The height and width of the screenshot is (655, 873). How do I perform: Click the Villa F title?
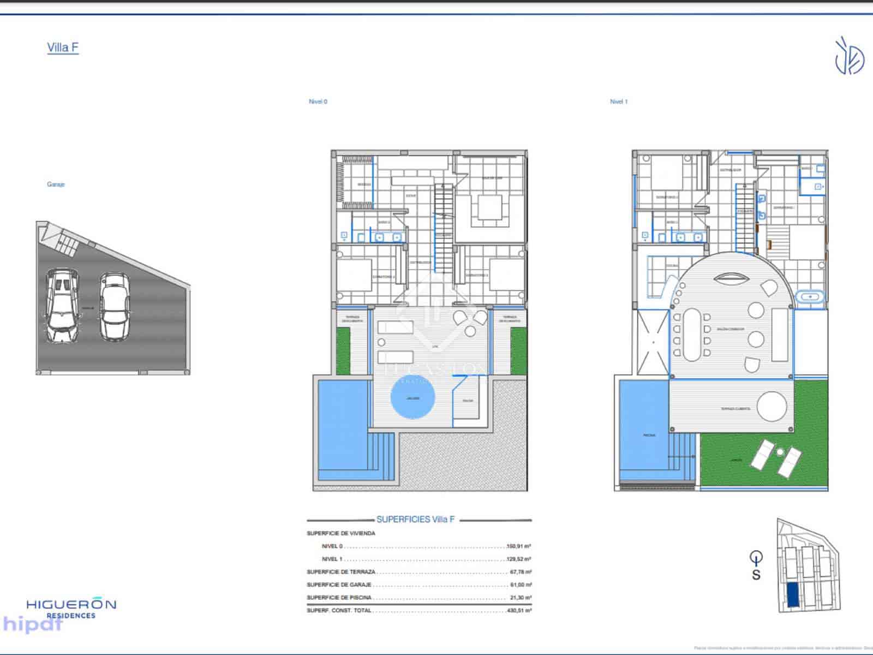pos(63,47)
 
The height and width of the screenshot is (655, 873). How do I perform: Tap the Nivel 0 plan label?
pos(318,102)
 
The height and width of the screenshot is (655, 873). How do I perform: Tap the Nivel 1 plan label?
pos(619,102)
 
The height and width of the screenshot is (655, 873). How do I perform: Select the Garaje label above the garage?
pos(56,184)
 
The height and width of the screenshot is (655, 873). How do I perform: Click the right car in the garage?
pos(115,306)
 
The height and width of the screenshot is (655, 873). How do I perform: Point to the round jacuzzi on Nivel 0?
pos(412,398)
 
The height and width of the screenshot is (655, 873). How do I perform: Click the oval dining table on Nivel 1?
pos(691,335)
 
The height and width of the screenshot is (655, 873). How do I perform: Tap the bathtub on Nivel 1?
pos(810,297)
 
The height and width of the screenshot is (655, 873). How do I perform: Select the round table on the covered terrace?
pos(772,407)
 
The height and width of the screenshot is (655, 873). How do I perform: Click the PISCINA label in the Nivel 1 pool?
pos(649,436)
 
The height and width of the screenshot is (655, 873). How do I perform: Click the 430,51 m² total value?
pos(519,611)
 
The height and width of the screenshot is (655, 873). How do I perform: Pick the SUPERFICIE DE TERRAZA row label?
pos(341,572)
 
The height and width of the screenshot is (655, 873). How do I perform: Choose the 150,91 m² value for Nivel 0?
pos(519,546)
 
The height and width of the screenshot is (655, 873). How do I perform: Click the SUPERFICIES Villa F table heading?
pos(415,520)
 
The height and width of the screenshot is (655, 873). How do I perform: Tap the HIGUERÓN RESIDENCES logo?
pos(71,608)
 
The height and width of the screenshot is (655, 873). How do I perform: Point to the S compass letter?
pos(756,575)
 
